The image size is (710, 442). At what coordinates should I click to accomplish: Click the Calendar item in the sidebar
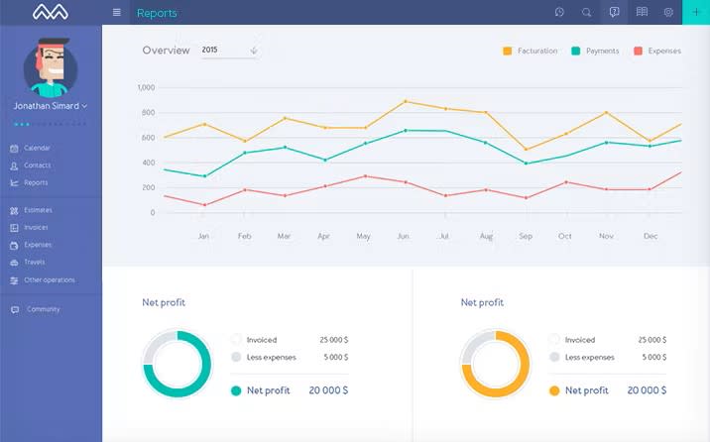pyautogui.click(x=37, y=149)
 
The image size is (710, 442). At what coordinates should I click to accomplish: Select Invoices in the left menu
pyautogui.click(x=36, y=228)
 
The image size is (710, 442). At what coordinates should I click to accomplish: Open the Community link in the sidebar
pyautogui.click(x=43, y=310)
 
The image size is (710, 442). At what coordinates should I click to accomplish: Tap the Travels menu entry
pyautogui.click(x=35, y=263)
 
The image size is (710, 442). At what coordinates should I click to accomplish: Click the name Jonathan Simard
pyautogui.click(x=50, y=105)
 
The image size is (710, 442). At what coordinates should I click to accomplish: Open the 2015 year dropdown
pyautogui.click(x=229, y=50)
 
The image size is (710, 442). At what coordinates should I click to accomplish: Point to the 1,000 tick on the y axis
pyautogui.click(x=146, y=88)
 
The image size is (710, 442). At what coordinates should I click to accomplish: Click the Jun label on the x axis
pyautogui.click(x=403, y=237)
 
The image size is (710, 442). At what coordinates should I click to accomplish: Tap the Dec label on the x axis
pyautogui.click(x=651, y=237)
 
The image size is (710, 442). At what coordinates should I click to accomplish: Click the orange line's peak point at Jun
pyautogui.click(x=406, y=101)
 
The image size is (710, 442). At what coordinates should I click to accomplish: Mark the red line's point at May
pyautogui.click(x=365, y=176)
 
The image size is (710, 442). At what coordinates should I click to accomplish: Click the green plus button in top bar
pyautogui.click(x=695, y=12)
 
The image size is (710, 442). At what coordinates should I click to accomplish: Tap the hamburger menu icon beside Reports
pyautogui.click(x=117, y=13)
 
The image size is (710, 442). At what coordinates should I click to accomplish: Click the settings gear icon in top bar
pyautogui.click(x=668, y=13)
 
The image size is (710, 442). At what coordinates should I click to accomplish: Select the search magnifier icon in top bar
pyautogui.click(x=587, y=13)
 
